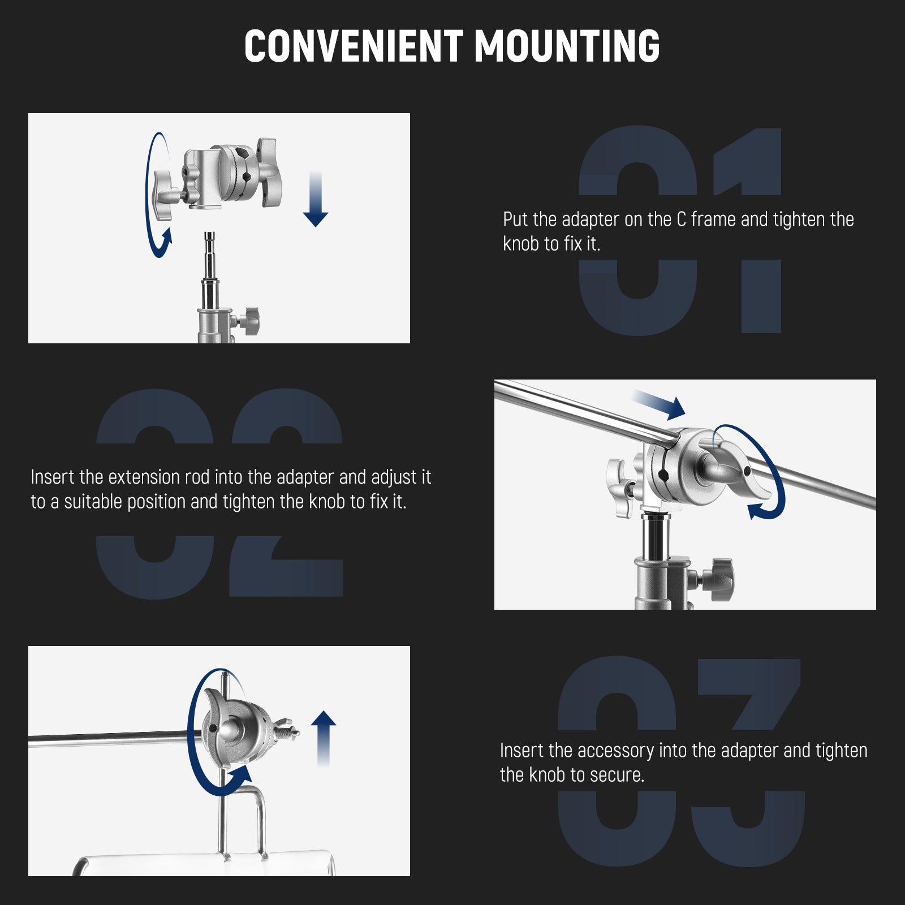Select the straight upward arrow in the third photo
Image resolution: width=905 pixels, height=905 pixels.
click(324, 738)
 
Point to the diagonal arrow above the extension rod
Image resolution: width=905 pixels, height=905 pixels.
click(660, 404)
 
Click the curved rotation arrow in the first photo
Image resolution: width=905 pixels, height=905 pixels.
click(153, 195)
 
